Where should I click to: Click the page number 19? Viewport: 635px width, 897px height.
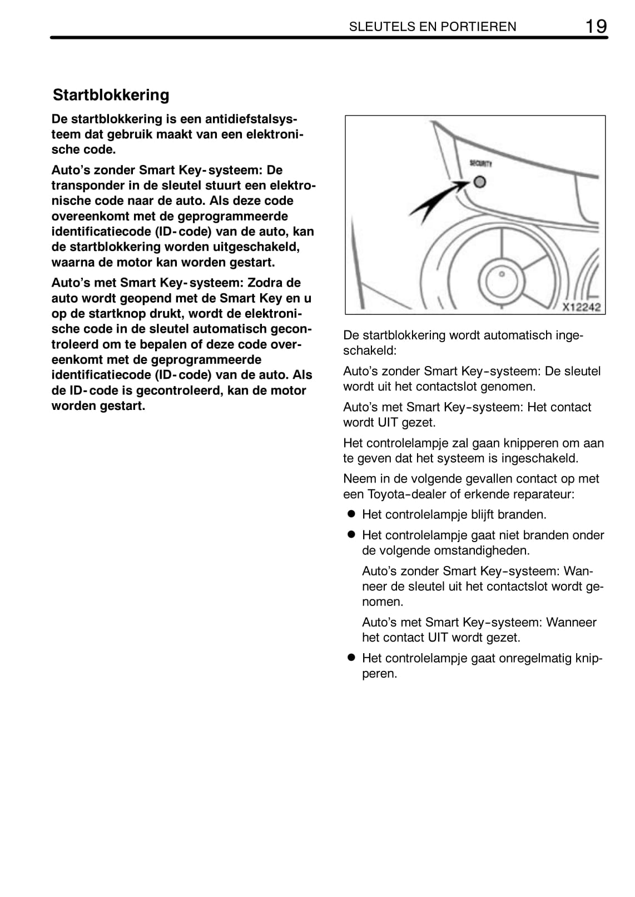(596, 26)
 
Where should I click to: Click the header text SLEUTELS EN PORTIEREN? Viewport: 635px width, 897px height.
(433, 27)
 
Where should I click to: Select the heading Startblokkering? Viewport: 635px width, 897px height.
(111, 95)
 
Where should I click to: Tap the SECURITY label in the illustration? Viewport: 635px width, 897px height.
(480, 163)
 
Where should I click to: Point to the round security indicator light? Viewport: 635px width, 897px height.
(480, 182)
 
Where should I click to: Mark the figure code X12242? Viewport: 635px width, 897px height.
(581, 307)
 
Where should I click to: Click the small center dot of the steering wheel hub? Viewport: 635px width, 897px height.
(502, 274)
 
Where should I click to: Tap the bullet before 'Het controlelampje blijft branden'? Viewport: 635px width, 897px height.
(351, 514)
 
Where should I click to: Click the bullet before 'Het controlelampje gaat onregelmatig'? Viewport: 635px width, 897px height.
(351, 658)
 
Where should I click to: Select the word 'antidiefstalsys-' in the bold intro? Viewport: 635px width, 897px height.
(251, 119)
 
